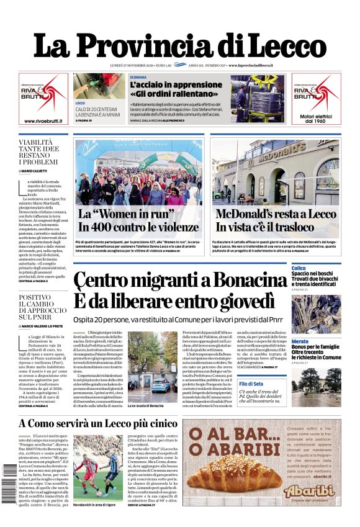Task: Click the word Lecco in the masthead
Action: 282,46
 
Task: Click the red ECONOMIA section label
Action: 139,77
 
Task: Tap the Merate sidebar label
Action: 300,341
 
